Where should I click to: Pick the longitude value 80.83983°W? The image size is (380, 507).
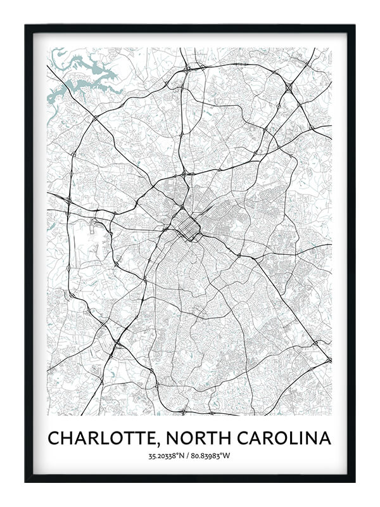pos(212,456)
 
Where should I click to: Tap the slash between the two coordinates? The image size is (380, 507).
pos(189,456)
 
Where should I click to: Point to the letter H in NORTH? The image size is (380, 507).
pos(230,439)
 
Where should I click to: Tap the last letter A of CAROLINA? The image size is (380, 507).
pos(326,439)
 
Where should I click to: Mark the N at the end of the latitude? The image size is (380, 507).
pos(182,456)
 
